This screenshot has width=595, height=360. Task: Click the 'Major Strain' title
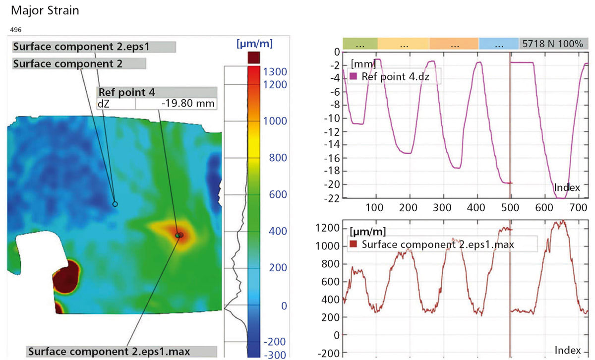[x=45, y=10]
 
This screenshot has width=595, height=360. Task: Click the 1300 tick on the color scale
[x=275, y=72]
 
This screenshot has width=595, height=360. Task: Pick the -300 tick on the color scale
[x=275, y=355]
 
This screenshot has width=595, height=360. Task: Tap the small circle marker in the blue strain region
[x=115, y=204]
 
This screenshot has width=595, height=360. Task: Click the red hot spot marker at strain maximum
[x=179, y=235]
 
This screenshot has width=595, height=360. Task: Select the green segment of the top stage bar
[x=360, y=44]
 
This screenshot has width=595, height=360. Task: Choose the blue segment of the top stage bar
[x=498, y=44]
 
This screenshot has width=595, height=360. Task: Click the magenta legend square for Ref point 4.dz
[x=354, y=76]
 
